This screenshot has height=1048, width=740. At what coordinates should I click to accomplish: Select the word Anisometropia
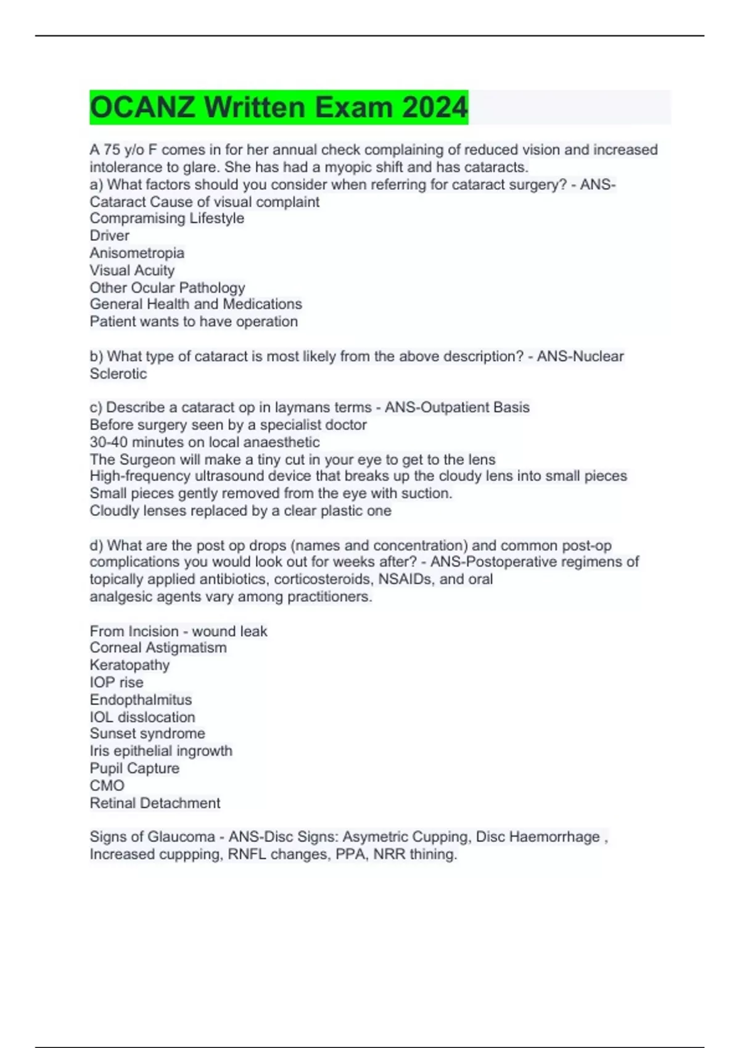pyautogui.click(x=137, y=253)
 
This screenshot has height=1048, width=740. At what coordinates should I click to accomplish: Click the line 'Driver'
pyautogui.click(x=110, y=235)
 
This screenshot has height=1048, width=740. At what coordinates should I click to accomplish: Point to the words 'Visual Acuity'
pyautogui.click(x=132, y=270)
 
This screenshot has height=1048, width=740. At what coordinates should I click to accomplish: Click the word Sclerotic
pyautogui.click(x=118, y=374)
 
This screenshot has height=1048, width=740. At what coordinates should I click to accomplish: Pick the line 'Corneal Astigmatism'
pyautogui.click(x=158, y=647)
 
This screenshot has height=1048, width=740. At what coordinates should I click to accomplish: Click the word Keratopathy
pyautogui.click(x=129, y=665)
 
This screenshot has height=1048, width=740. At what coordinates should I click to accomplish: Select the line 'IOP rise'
pyautogui.click(x=117, y=682)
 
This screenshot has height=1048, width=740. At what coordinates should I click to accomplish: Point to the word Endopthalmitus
pyautogui.click(x=141, y=700)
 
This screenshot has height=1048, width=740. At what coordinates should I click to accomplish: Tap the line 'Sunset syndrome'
pyautogui.click(x=147, y=734)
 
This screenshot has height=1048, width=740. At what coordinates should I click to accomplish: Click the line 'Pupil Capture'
pyautogui.click(x=134, y=768)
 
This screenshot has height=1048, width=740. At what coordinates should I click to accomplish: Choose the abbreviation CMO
pyautogui.click(x=107, y=785)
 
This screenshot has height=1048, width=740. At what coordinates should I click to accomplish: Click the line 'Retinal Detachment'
pyautogui.click(x=155, y=803)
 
